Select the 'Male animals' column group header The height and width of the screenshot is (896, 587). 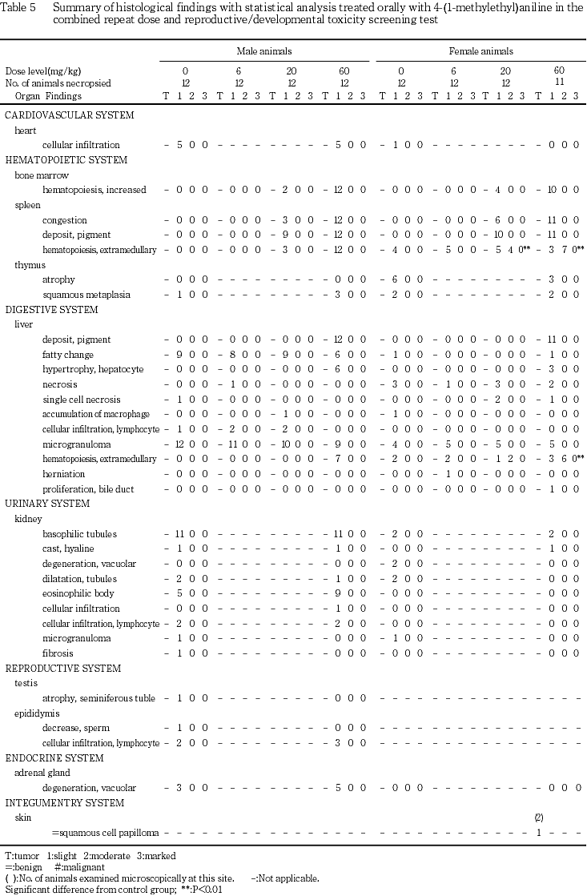(263, 52)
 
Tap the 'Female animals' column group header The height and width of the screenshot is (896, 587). (480, 52)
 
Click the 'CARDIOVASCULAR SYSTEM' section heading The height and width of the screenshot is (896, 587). (58, 115)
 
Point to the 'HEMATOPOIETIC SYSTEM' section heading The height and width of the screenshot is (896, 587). (55, 160)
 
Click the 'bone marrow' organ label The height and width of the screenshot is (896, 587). (39, 175)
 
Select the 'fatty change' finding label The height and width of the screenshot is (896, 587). (68, 355)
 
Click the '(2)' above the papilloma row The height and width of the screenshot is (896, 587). (539, 818)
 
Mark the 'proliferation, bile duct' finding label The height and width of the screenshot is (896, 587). (88, 489)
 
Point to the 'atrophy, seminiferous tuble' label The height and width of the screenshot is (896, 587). (99, 698)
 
